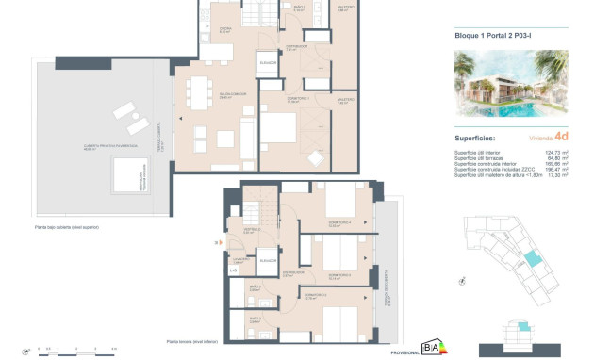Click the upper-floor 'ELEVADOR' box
(x=268, y=62)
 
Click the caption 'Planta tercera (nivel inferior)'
(x=192, y=341)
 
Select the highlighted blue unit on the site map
(x=534, y=259)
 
